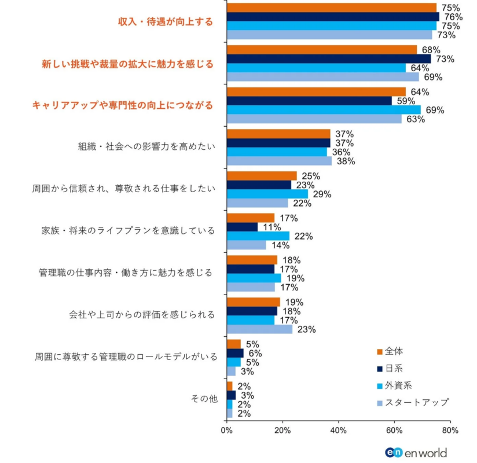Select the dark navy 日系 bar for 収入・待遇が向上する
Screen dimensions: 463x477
pyautogui.click(x=333, y=17)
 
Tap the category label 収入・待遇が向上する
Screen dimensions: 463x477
pyautogui.click(x=166, y=22)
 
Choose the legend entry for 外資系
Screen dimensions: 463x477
pyautogui.click(x=402, y=385)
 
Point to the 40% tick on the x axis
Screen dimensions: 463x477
pyautogui.click(x=338, y=431)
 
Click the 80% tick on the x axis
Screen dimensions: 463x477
pyautogui.click(x=450, y=431)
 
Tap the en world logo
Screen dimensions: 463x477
pyautogui.click(x=416, y=452)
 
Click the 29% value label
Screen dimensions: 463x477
pyautogui.click(x=322, y=194)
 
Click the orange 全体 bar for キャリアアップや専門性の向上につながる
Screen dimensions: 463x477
pyautogui.click(x=316, y=91)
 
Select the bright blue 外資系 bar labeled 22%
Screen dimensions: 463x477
pyautogui.click(x=258, y=236)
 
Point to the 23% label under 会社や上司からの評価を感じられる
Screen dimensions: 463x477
pyautogui.click(x=306, y=330)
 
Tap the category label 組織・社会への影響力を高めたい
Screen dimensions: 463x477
pyautogui.click(x=147, y=146)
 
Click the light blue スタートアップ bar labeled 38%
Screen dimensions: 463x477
pyautogui.click(x=279, y=161)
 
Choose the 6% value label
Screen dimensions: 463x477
pyautogui.click(x=255, y=353)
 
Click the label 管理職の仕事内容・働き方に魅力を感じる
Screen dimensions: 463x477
pyautogui.click(x=126, y=272)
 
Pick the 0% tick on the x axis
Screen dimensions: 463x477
pyautogui.click(x=226, y=431)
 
